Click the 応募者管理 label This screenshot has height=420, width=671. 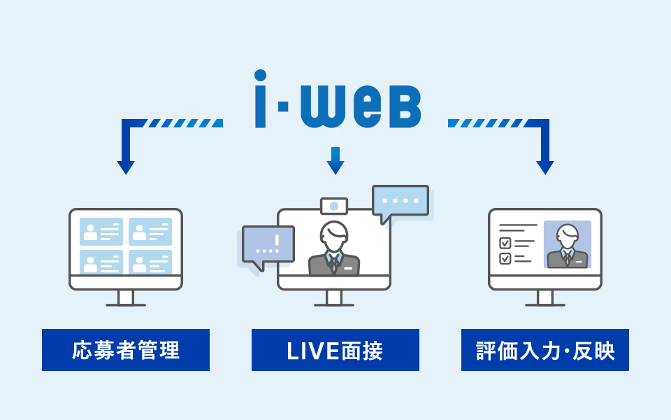(126, 350)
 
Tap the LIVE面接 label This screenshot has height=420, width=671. (335, 350)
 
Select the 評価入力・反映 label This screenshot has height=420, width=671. (545, 350)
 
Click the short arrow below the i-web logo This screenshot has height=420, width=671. (335, 161)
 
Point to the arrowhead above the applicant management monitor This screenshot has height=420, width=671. (126, 167)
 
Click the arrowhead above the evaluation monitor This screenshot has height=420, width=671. (545, 167)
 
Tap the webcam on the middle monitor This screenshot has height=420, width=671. (334, 206)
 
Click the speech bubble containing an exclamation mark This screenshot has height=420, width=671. (268, 244)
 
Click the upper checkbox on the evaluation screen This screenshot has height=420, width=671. (505, 243)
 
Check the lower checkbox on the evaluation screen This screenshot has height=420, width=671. (505, 258)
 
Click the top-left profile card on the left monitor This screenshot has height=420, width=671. (101, 231)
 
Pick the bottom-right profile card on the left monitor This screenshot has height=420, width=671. (150, 262)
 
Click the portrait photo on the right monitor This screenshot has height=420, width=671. (568, 244)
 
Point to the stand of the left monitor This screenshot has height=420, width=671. (126, 298)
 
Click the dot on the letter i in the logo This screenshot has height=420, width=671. (261, 76)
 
